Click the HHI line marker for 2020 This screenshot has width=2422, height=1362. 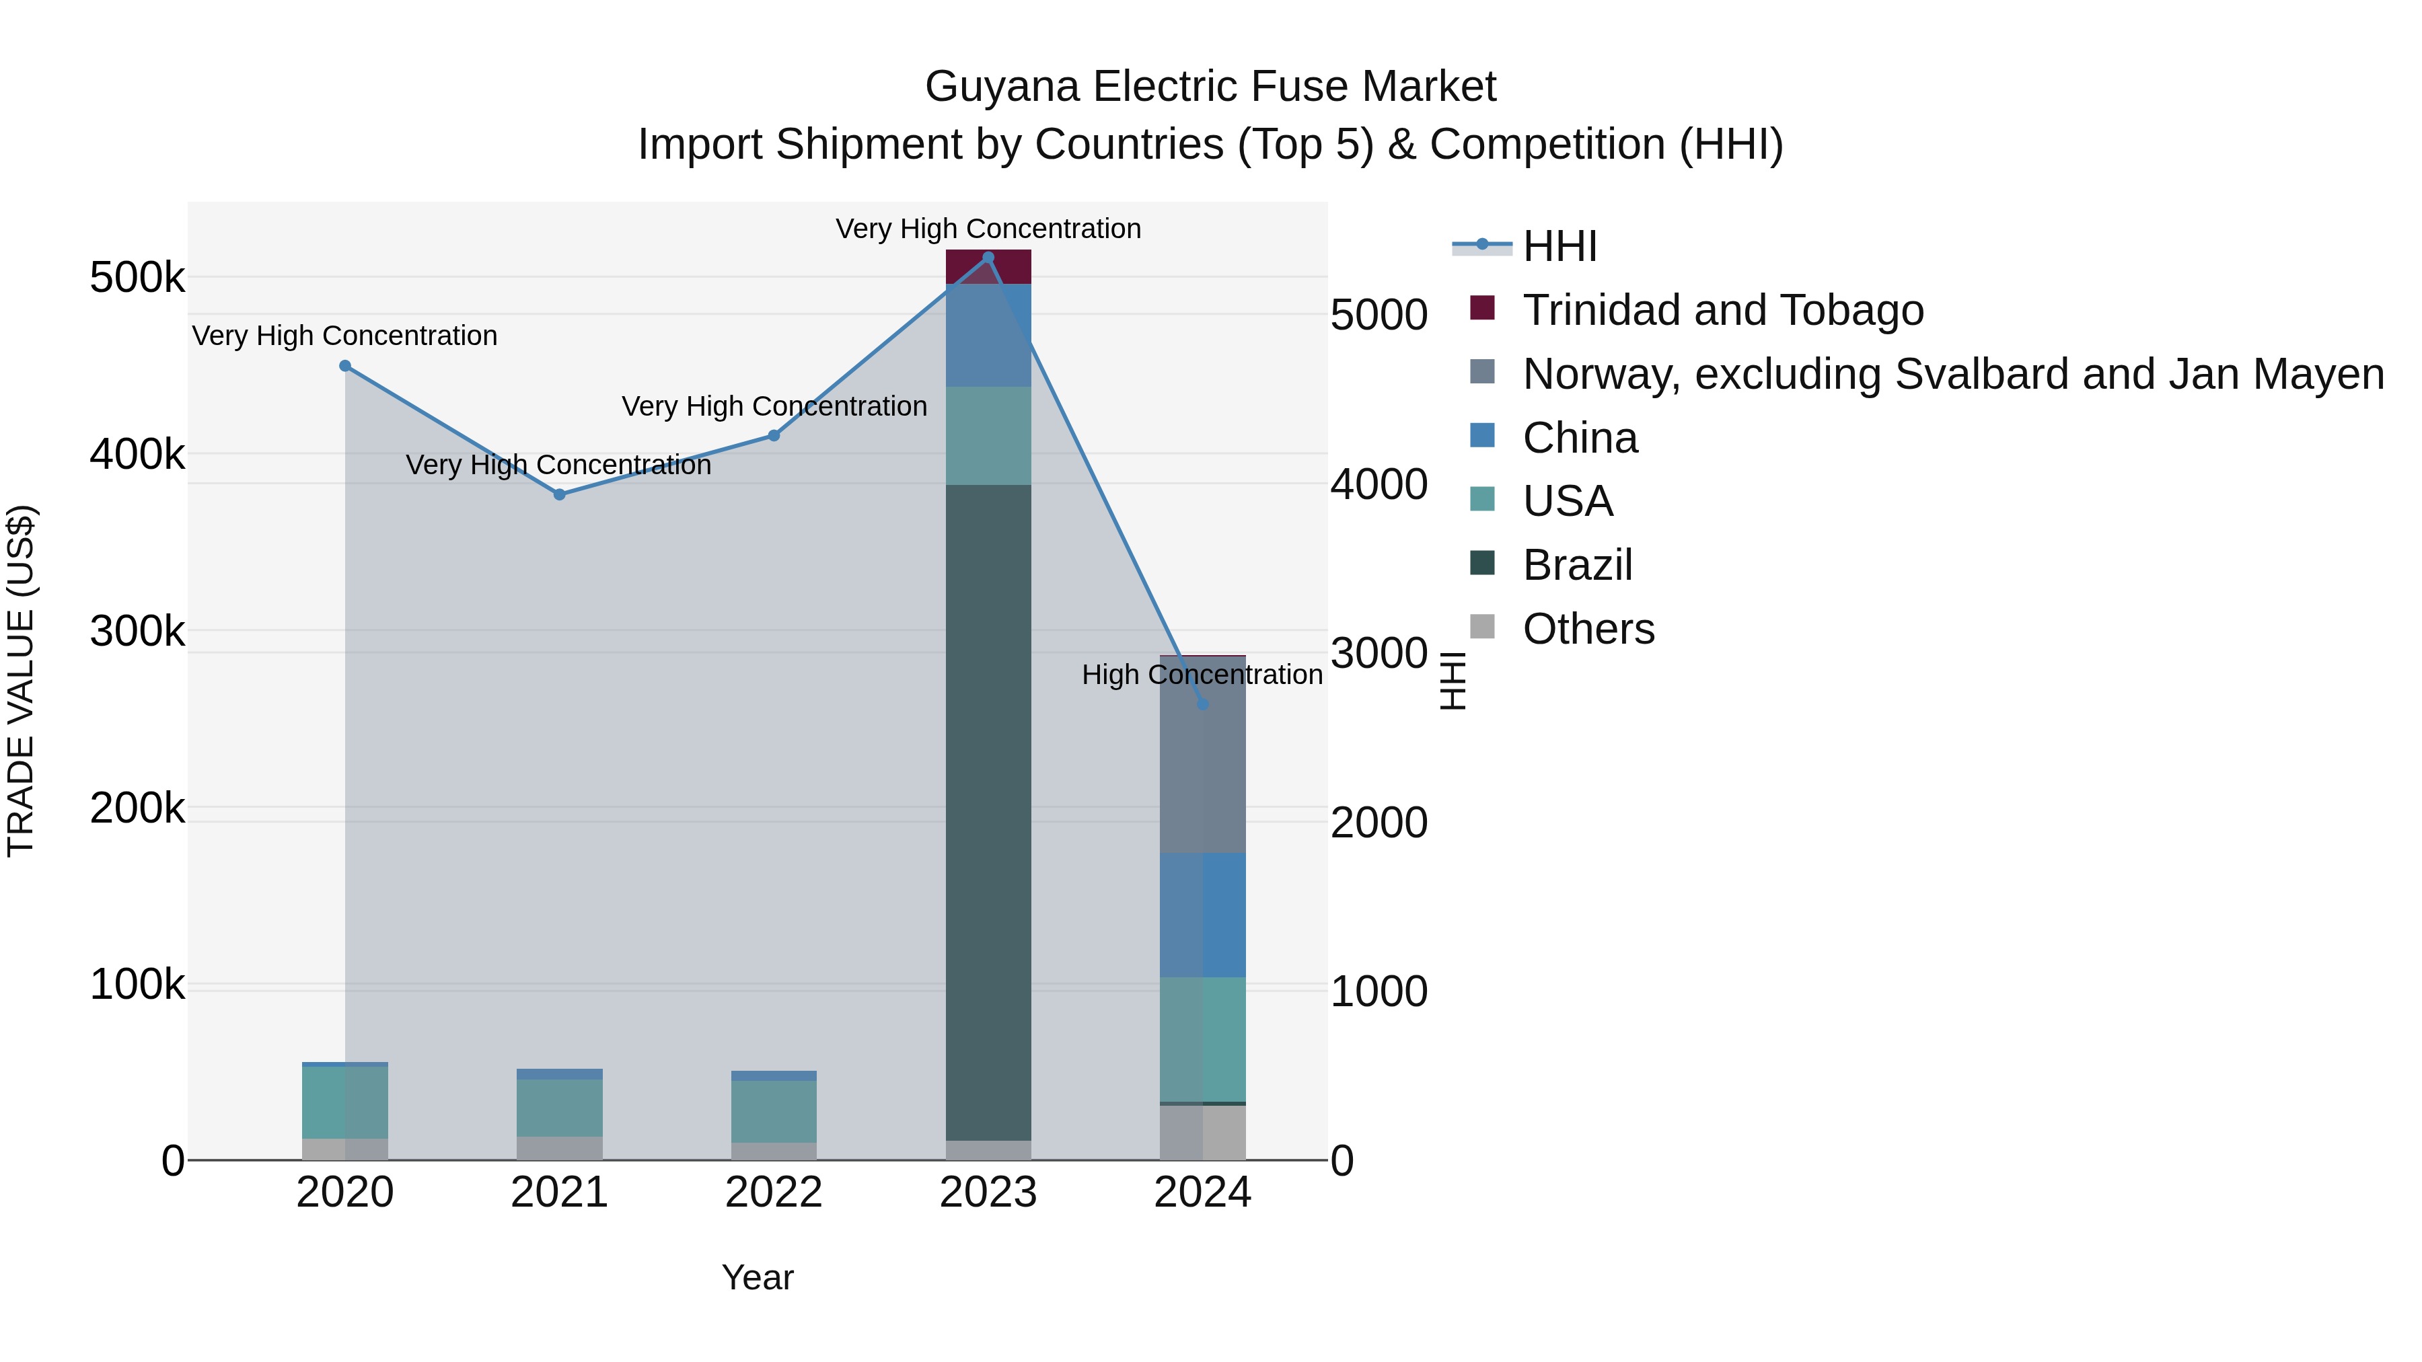pos(345,366)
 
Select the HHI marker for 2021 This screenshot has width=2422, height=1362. pos(560,494)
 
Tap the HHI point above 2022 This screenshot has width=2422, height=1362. pos(774,435)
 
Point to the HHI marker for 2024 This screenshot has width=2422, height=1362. pos(1202,704)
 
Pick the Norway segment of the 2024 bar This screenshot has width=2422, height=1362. pos(1202,755)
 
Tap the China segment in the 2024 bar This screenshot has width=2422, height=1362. pos(1202,915)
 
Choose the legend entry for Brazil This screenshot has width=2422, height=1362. pos(1577,565)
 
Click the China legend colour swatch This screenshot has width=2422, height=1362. pos(1481,436)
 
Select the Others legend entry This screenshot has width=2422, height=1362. pos(1588,629)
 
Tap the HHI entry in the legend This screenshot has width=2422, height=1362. pos(1559,246)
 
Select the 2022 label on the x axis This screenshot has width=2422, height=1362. pos(774,1193)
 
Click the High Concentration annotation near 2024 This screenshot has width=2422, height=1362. pos(1202,675)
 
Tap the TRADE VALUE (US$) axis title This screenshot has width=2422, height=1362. pos(21,681)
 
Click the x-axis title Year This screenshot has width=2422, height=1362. pos(758,1277)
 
